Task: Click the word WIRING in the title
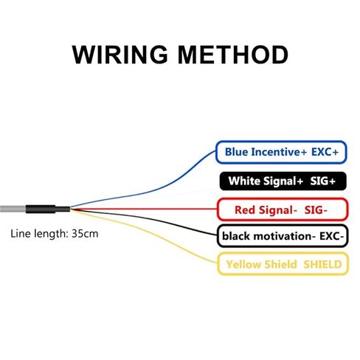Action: [x=120, y=55]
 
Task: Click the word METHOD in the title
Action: [x=232, y=55]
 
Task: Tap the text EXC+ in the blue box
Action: [x=325, y=152]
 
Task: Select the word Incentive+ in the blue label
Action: [x=280, y=152]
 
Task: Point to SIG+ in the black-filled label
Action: [x=322, y=181]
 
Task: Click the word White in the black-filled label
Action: [x=244, y=181]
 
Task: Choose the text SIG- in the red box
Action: [x=316, y=210]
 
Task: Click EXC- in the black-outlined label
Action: [x=331, y=236]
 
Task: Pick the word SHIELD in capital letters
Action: [x=322, y=265]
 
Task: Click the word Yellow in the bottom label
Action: [x=243, y=265]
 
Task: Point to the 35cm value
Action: [x=85, y=233]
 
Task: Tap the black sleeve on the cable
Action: [x=48, y=210]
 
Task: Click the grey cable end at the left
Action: [x=13, y=210]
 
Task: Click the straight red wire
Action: [x=144, y=210]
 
